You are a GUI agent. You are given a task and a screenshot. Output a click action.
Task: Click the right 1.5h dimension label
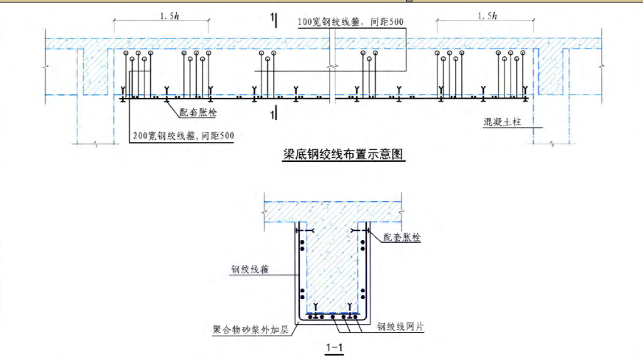[x=486, y=15]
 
